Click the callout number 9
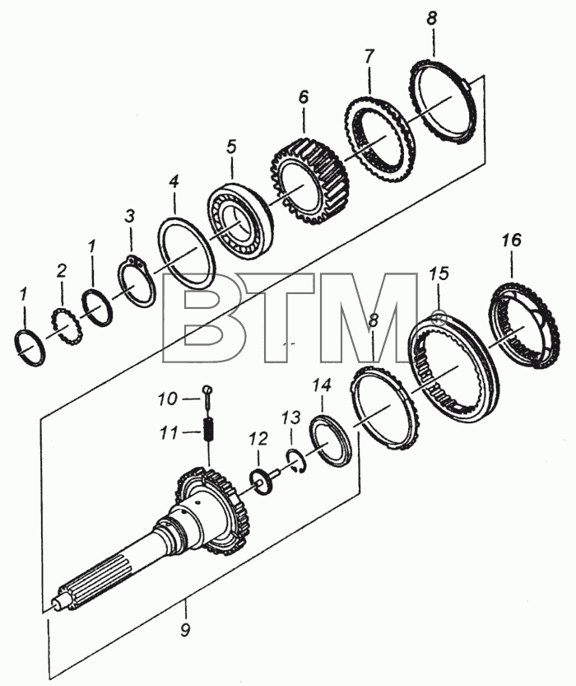click(x=185, y=631)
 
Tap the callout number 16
click(x=511, y=240)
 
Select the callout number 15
click(x=439, y=274)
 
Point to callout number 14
click(x=322, y=386)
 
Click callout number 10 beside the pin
click(x=167, y=399)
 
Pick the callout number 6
click(x=304, y=96)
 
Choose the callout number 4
click(x=174, y=181)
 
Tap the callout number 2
click(x=61, y=271)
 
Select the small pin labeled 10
click(x=207, y=395)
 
